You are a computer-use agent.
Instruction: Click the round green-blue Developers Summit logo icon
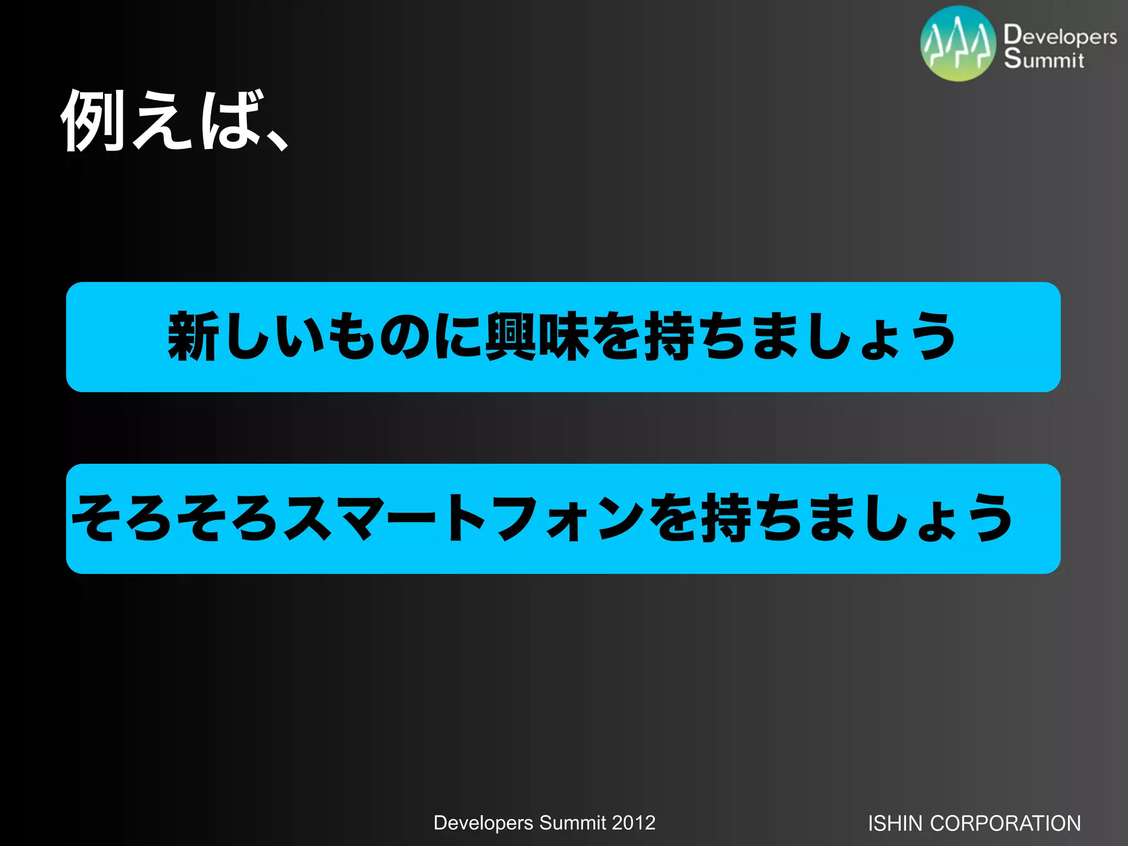coord(958,44)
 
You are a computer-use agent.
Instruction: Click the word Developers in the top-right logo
coord(1060,36)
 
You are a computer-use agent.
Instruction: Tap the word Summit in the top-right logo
coord(1044,59)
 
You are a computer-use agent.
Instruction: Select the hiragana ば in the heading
coord(229,120)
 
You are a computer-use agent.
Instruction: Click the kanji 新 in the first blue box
coord(193,337)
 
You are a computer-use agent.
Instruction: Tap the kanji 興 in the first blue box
coord(511,337)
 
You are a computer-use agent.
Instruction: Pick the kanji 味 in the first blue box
coord(564,337)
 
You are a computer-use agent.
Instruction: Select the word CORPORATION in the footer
coord(1005,823)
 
